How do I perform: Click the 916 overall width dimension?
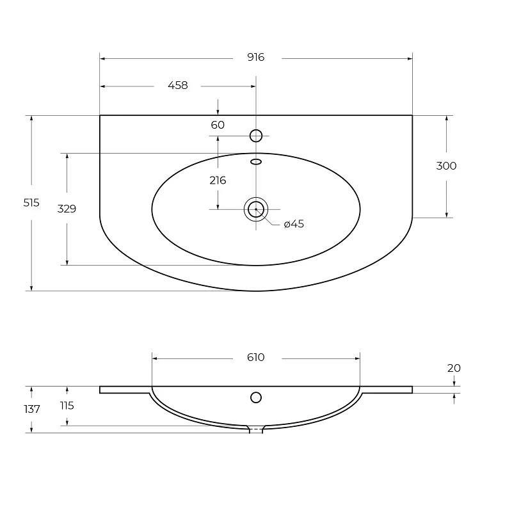[x=255, y=57]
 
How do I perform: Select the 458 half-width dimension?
[x=178, y=85]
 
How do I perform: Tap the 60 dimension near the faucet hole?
[x=218, y=125]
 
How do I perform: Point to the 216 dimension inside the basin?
[x=218, y=180]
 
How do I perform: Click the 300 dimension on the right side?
[x=446, y=166]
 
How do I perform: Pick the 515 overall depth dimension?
[x=31, y=203]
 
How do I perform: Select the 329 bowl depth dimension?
[x=67, y=209]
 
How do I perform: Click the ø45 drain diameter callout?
[x=294, y=224]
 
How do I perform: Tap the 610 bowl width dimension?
[x=255, y=357]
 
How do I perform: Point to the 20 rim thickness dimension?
[x=454, y=368]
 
